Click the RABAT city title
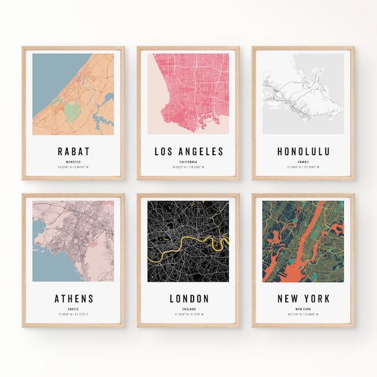click(73, 151)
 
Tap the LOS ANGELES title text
click(188, 151)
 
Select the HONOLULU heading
click(303, 151)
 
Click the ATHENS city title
click(73, 298)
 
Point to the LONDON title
click(188, 298)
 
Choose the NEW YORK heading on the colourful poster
click(303, 298)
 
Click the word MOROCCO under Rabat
click(73, 161)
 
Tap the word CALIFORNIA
click(188, 161)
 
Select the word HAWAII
click(303, 161)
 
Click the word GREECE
click(73, 309)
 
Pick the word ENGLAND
click(188, 309)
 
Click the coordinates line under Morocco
click(73, 167)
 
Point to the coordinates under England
click(188, 315)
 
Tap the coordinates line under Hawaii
click(303, 167)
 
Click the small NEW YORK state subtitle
click(303, 309)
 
